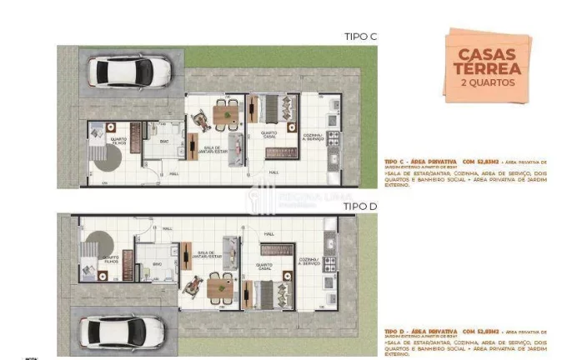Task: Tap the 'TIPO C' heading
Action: (x=360, y=36)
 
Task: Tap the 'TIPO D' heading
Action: (x=360, y=205)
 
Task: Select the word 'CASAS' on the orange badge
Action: (x=487, y=55)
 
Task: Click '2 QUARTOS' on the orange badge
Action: (x=487, y=82)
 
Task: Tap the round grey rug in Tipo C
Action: (x=107, y=158)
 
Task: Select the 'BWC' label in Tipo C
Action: (x=165, y=142)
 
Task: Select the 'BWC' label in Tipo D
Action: (x=157, y=263)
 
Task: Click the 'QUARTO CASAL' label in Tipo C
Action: (x=268, y=134)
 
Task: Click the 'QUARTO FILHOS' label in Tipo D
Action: (x=109, y=259)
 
